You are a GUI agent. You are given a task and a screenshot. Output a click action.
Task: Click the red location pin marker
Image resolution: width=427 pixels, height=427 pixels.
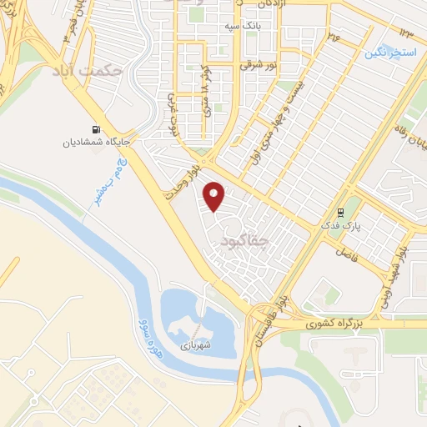pyautogui.click(x=214, y=197)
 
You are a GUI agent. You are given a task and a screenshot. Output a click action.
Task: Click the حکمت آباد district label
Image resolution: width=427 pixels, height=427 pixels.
pyautogui.click(x=88, y=70)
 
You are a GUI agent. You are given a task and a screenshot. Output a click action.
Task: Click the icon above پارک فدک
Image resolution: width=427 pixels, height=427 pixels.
pyautogui.click(x=340, y=213)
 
